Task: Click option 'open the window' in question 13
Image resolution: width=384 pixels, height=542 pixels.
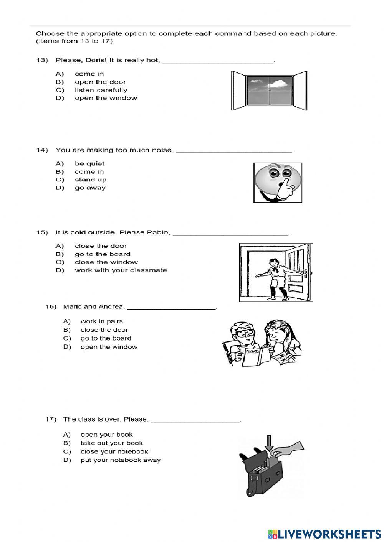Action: (106, 98)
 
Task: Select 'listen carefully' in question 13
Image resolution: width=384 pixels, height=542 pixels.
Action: (101, 90)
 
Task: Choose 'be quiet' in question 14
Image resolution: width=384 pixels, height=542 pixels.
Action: (89, 164)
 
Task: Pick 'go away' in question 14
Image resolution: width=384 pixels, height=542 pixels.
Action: (90, 188)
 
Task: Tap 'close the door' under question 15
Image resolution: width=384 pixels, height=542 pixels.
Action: (101, 246)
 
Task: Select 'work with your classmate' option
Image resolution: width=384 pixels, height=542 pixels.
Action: (121, 270)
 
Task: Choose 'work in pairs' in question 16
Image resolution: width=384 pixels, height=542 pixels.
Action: (101, 321)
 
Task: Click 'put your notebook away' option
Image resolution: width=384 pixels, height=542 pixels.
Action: (120, 460)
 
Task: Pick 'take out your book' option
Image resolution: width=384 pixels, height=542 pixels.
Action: (111, 443)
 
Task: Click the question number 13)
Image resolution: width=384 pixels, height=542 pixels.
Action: (41, 60)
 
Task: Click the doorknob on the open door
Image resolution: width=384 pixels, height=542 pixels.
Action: (305, 273)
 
